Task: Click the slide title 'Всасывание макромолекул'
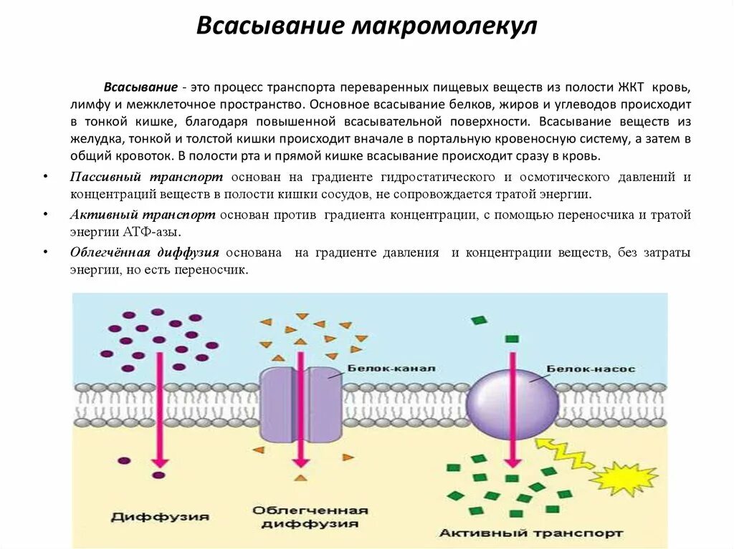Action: point(366,26)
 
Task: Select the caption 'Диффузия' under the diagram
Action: point(160,516)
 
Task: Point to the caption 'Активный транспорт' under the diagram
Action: point(530,533)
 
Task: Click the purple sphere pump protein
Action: point(511,402)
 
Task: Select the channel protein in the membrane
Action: point(300,404)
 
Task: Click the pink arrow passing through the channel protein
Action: point(301,415)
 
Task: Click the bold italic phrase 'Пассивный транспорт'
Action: point(146,177)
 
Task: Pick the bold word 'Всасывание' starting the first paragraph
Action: point(140,87)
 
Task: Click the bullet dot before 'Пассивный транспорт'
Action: point(44,177)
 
